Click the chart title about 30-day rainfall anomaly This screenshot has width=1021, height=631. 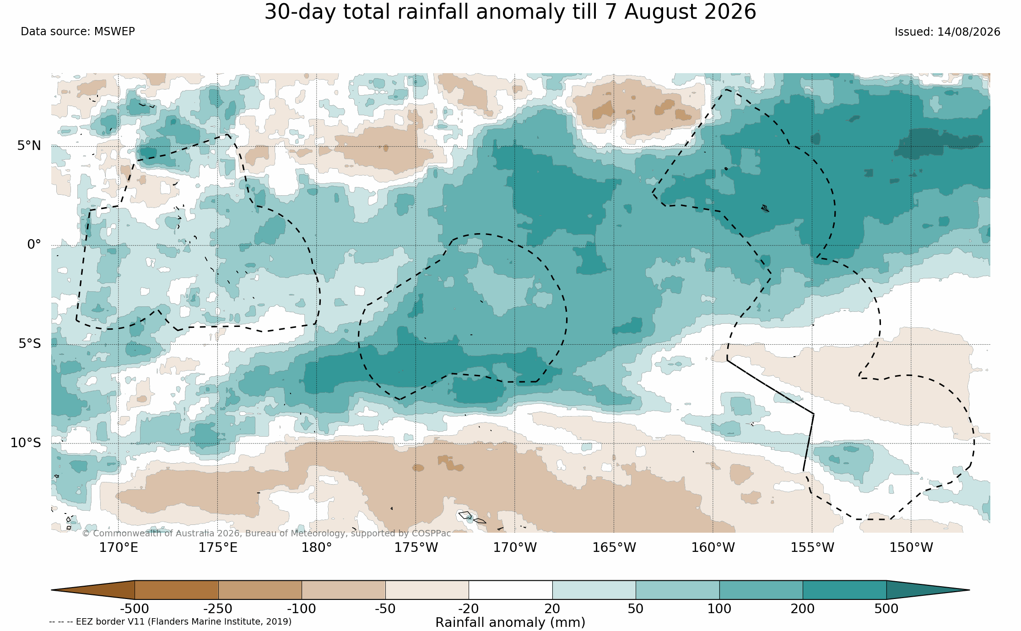[510, 12]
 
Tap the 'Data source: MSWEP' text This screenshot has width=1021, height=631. [78, 32]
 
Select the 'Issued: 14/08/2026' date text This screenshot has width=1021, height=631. [947, 32]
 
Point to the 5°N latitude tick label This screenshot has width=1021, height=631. [29, 146]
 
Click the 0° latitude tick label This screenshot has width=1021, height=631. [34, 245]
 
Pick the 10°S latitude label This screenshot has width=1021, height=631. [26, 443]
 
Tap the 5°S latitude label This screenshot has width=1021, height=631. [30, 344]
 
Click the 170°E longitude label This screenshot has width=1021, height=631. [119, 547]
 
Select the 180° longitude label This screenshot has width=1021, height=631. [317, 547]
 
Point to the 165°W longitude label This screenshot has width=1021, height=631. [614, 547]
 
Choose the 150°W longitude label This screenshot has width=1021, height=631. [911, 547]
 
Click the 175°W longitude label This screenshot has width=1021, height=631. [416, 547]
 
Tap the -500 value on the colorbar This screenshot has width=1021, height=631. [135, 609]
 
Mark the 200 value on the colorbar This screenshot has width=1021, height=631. [803, 609]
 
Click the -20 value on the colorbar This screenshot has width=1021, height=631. [469, 609]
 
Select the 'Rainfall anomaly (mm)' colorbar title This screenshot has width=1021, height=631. [510, 623]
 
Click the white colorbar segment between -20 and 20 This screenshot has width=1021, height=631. [510, 590]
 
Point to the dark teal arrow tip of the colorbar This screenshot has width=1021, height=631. [969, 590]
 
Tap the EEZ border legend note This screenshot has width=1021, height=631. [170, 622]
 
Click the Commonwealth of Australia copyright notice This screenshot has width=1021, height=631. [266, 534]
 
